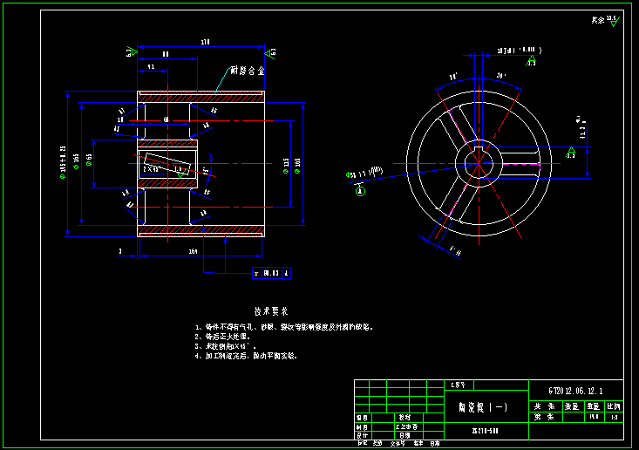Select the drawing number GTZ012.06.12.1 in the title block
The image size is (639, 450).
(574, 390)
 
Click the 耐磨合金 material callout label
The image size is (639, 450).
(248, 70)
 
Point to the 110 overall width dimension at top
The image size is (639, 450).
(206, 42)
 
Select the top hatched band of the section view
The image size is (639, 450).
(201, 96)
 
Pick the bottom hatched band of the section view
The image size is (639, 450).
(201, 231)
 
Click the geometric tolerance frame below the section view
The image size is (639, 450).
(270, 273)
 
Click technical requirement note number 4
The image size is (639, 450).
(247, 356)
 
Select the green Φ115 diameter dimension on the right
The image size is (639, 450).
(286, 162)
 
